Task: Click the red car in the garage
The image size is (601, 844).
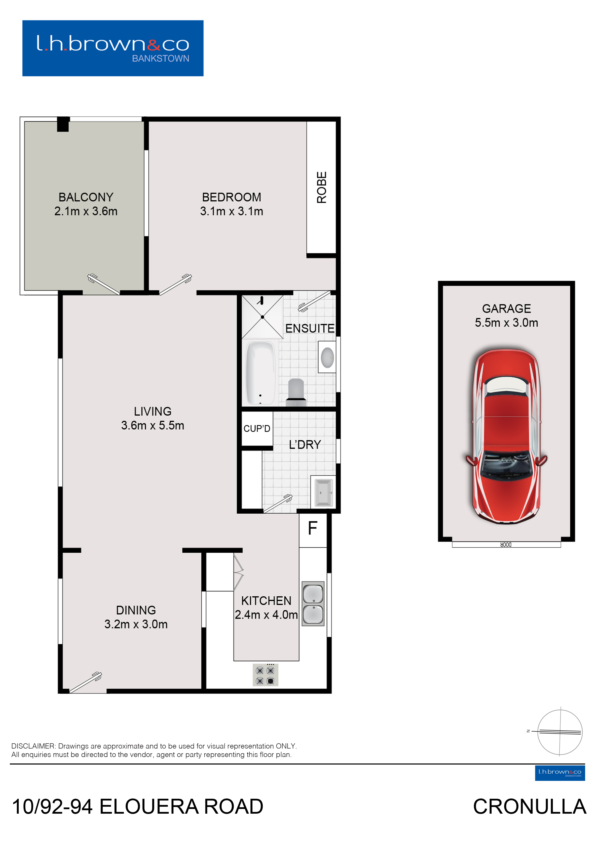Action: tap(506, 436)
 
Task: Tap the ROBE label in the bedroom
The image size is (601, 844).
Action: tap(322, 187)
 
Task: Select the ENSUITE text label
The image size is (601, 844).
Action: tap(310, 328)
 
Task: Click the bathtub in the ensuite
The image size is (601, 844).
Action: tap(261, 373)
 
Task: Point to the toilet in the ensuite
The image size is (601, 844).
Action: tap(296, 392)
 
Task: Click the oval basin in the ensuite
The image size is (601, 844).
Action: tap(327, 357)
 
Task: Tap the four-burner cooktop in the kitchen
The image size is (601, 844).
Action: tap(265, 675)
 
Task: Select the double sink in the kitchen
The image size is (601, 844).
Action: tap(313, 604)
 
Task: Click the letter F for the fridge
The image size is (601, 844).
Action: tap(313, 528)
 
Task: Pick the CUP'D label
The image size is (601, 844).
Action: tap(257, 429)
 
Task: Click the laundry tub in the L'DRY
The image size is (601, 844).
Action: tap(324, 493)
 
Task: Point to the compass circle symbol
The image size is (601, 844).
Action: tap(560, 732)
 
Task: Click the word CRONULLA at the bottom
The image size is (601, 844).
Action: tap(529, 806)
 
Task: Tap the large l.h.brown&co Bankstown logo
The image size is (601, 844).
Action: tap(113, 48)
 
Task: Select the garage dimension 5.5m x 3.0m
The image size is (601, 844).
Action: tap(506, 323)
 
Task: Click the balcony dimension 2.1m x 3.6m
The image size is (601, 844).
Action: tap(86, 211)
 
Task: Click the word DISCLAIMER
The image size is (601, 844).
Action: tap(33, 746)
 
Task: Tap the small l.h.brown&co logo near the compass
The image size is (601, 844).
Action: tap(560, 773)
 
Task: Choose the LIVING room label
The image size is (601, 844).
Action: tap(152, 411)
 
